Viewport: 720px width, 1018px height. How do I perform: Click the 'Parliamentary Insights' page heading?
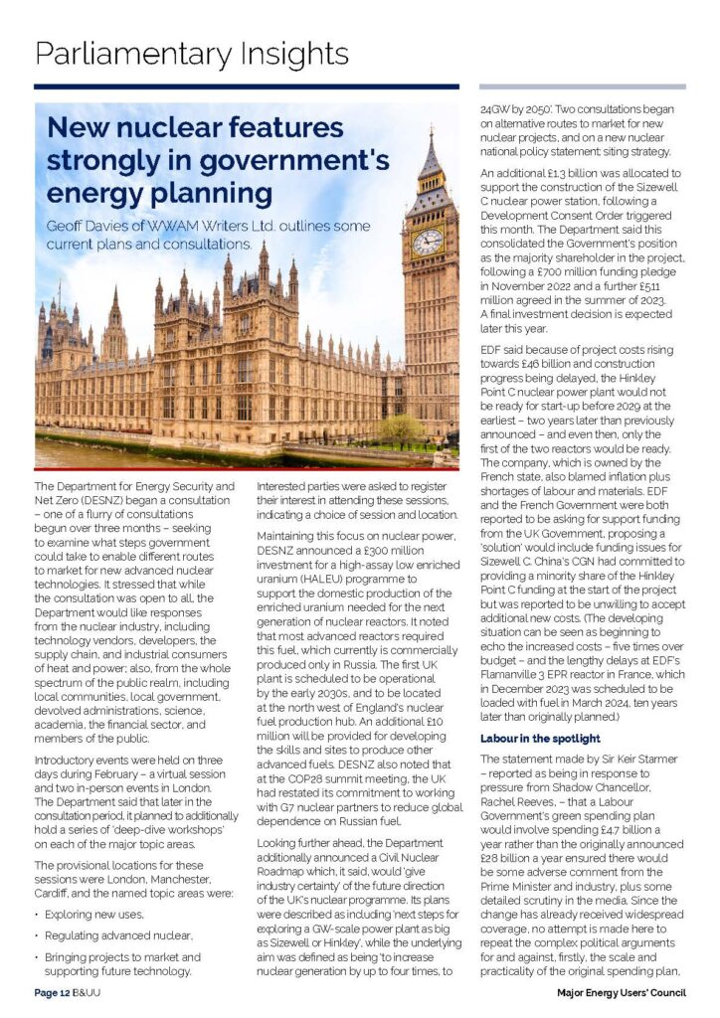(192, 52)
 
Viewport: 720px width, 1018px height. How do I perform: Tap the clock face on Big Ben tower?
(428, 242)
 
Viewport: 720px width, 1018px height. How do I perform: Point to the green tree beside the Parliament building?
(401, 430)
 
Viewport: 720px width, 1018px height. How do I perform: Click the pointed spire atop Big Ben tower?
(430, 149)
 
